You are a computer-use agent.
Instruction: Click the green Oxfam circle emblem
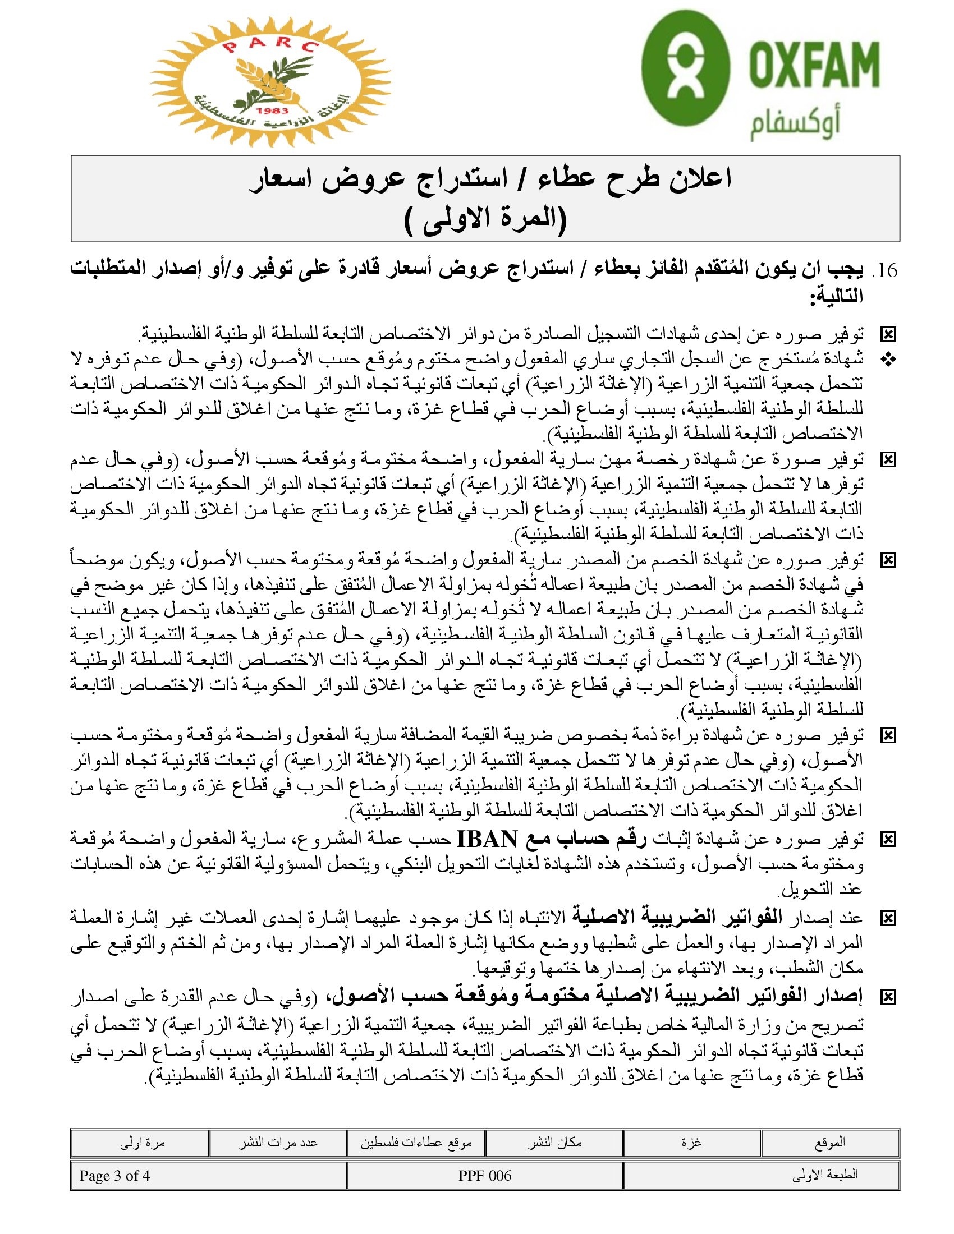(686, 68)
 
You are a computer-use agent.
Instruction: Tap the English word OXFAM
(814, 63)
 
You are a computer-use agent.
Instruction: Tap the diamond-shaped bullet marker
(888, 361)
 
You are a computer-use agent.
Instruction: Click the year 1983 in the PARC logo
(272, 111)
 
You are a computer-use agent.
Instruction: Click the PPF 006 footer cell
(485, 1176)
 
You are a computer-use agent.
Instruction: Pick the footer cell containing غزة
(692, 1143)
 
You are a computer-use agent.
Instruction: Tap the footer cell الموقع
(829, 1143)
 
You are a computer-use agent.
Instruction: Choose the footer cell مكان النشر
(554, 1143)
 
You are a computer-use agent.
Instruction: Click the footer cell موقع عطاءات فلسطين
(416, 1143)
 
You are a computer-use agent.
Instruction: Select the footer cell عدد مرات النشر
(277, 1143)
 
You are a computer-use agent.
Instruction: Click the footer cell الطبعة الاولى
(762, 1176)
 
